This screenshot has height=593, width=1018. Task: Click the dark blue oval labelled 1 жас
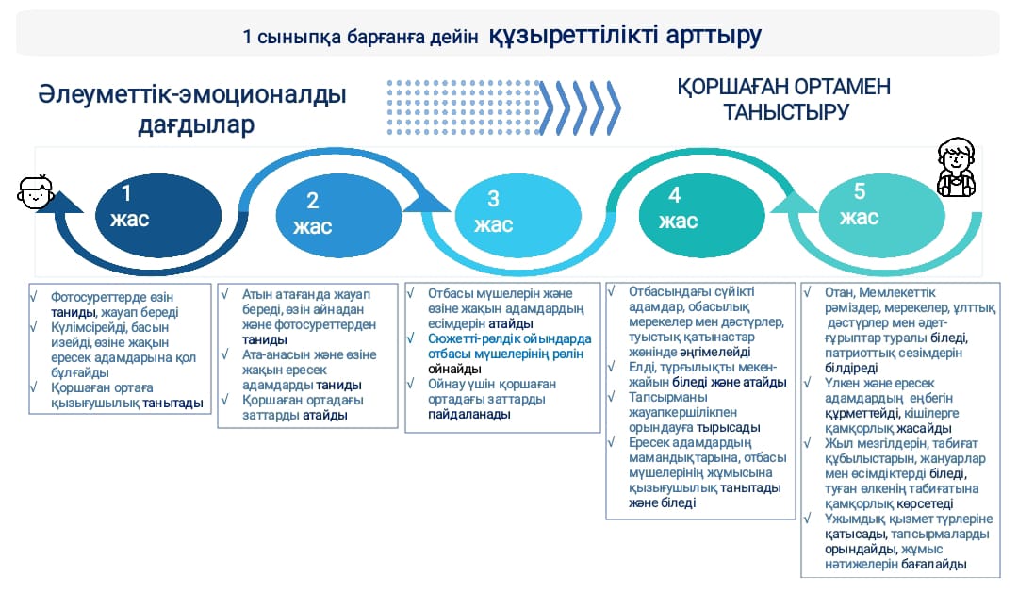click(158, 215)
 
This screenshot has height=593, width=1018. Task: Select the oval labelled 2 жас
click(339, 215)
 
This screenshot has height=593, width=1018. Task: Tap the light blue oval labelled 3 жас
click(518, 215)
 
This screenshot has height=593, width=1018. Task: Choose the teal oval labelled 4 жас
click(702, 215)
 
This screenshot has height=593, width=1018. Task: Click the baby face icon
click(35, 191)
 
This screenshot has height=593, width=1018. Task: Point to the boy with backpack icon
click(957, 167)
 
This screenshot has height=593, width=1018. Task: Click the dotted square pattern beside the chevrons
click(463, 107)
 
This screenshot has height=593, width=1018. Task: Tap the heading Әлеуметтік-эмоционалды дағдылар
click(192, 108)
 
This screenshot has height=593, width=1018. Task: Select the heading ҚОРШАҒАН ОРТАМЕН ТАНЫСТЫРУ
click(784, 99)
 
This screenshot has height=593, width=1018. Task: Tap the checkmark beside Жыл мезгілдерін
click(809, 442)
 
